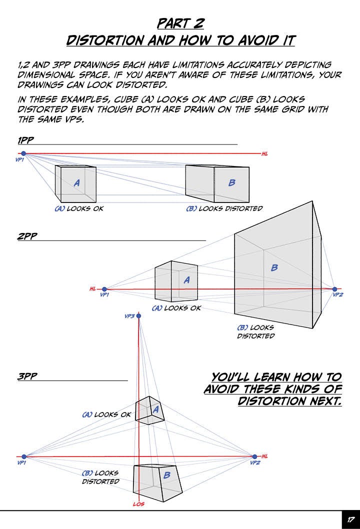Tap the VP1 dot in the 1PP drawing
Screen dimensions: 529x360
pyautogui.click(x=23, y=153)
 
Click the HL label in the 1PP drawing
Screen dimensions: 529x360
pyautogui.click(x=265, y=154)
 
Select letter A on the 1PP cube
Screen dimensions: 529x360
pyautogui.click(x=76, y=183)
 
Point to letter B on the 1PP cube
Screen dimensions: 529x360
pyautogui.click(x=231, y=183)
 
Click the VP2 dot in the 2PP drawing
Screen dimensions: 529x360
pyautogui.click(x=334, y=289)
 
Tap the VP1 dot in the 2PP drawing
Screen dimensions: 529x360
pyautogui.click(x=104, y=289)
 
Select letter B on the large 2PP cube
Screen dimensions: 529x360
pyautogui.click(x=274, y=268)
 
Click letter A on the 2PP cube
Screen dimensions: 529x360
pyautogui.click(x=186, y=280)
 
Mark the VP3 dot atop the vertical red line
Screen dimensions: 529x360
pyautogui.click(x=139, y=316)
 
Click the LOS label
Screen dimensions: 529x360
pyautogui.click(x=138, y=504)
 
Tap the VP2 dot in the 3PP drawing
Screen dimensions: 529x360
pyautogui.click(x=254, y=456)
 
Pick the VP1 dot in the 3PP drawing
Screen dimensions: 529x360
pyautogui.click(x=23, y=456)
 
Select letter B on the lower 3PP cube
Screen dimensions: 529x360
pyautogui.click(x=167, y=475)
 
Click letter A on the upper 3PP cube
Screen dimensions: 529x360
pyautogui.click(x=155, y=409)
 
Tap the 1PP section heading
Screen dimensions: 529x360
pyautogui.click(x=26, y=140)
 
